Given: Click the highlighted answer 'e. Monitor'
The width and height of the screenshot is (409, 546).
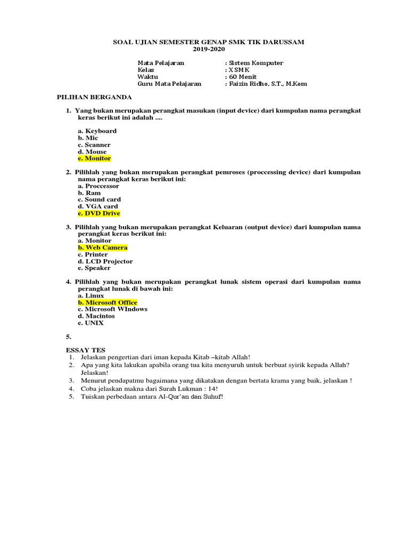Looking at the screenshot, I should point(94,158).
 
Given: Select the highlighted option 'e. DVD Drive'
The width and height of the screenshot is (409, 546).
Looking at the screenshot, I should point(99,213).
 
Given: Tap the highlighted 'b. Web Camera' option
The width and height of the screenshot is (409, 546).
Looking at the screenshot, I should point(102,247).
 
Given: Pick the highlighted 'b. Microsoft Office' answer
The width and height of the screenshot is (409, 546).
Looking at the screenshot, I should point(107,302).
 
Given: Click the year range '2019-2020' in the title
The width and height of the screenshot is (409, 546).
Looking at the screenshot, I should point(208,50).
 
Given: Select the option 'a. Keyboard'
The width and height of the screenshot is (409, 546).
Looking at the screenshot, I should point(97,131).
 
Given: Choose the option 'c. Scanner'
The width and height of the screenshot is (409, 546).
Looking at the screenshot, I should point(94,144).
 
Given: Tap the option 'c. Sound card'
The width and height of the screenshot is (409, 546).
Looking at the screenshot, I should point(99,199).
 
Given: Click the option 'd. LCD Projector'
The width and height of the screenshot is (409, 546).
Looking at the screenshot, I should point(105,261).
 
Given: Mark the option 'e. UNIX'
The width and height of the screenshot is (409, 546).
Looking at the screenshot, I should point(91,323).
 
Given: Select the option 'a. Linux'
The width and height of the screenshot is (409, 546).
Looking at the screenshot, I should point(91,295).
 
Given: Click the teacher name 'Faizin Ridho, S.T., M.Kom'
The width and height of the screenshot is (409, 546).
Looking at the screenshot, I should point(267,84).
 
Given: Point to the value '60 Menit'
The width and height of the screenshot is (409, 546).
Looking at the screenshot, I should point(242,77).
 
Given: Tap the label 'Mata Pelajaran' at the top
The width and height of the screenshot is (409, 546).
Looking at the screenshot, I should point(161,63).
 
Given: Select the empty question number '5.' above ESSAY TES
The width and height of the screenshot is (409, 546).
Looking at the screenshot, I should point(68,337).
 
